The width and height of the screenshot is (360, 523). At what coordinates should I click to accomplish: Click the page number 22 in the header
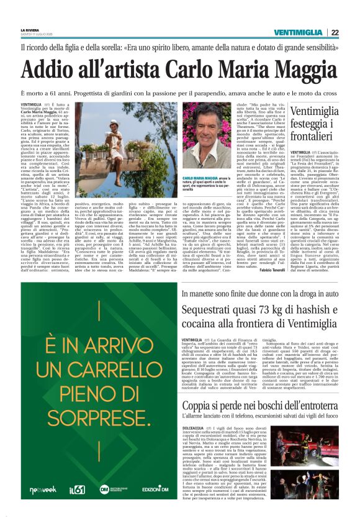tap(351, 32)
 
